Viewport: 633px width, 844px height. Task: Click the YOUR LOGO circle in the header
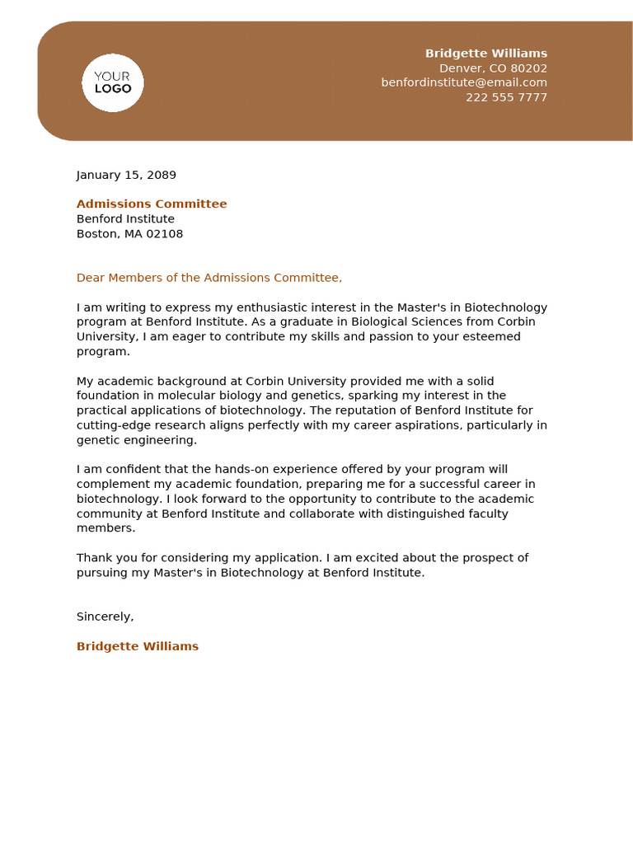tap(113, 82)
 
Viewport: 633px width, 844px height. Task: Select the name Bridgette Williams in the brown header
tap(485, 54)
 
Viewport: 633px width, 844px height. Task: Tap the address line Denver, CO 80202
tap(493, 68)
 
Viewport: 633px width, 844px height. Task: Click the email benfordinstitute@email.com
tap(464, 82)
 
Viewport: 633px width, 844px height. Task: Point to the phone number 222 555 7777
tap(506, 97)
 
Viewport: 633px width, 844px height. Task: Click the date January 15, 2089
tap(126, 175)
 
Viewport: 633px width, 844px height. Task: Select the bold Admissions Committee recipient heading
tap(152, 204)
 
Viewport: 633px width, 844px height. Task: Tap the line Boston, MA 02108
tap(129, 234)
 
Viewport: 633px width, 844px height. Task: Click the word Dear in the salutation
tap(91, 278)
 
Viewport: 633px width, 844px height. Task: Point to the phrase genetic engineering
tap(136, 440)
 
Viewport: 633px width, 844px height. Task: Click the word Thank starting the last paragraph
tap(93, 558)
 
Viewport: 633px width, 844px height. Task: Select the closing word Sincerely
tap(104, 617)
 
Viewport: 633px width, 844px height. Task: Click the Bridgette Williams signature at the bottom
tap(138, 646)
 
